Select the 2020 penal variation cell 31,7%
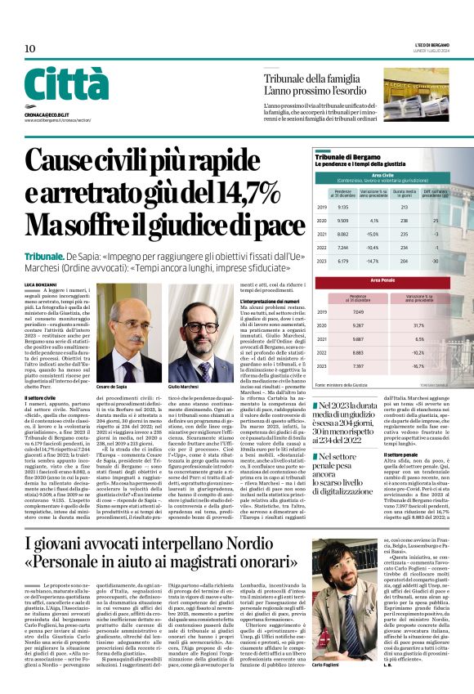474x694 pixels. coord(420,325)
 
